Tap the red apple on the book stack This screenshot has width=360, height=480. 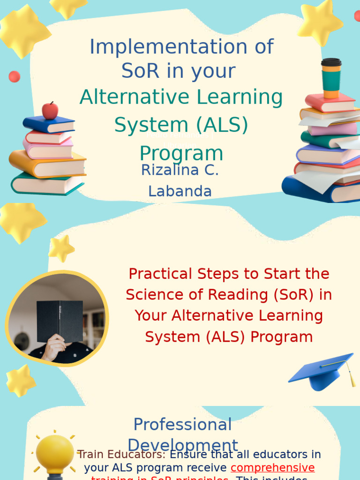[50, 111]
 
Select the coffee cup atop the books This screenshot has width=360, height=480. [331, 78]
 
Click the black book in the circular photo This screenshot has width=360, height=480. [60, 321]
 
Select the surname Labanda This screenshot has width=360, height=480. [180, 191]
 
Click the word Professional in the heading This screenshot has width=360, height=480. [182, 425]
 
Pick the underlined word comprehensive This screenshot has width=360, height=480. [272, 468]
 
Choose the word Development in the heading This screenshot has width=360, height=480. [183, 445]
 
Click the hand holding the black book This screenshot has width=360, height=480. [54, 347]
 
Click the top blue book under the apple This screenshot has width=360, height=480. [49, 125]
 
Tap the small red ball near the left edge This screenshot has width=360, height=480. [15, 76]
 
